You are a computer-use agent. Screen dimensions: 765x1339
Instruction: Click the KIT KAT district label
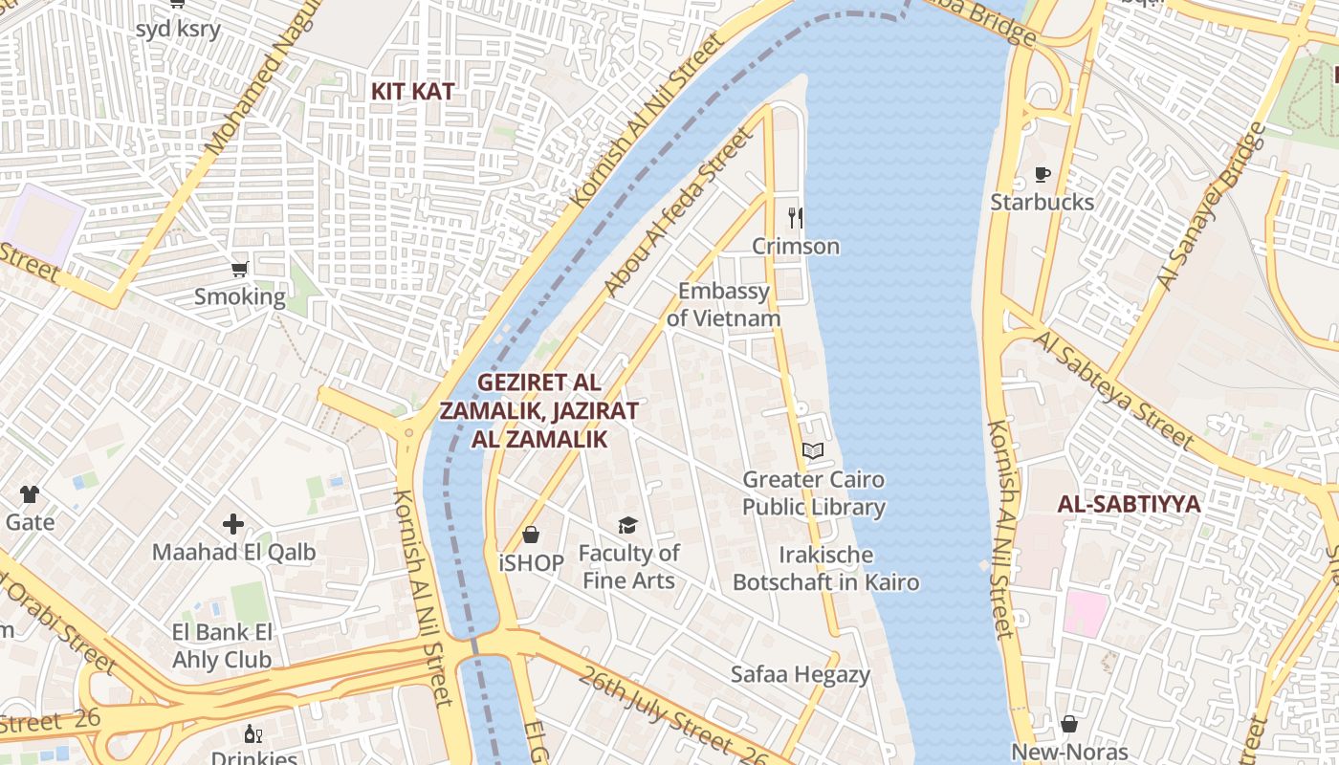412,92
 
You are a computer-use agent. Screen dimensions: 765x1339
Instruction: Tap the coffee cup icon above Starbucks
1042,174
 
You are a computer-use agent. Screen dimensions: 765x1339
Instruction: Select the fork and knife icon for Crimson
795,217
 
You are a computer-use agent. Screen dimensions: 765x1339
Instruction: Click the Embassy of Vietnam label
723,304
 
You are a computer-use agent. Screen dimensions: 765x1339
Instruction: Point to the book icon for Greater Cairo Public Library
813,450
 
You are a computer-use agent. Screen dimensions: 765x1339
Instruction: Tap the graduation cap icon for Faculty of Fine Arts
627,525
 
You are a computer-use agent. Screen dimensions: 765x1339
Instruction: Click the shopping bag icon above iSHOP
531,535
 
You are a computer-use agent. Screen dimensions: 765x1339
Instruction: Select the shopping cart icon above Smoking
239,269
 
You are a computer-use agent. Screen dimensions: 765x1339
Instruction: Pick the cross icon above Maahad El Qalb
233,524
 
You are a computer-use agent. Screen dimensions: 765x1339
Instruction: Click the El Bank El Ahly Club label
223,645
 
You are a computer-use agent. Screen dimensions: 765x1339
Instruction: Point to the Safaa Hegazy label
801,674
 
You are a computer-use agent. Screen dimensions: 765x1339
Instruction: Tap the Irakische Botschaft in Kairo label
825,568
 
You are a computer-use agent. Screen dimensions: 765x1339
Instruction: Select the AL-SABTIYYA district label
1129,504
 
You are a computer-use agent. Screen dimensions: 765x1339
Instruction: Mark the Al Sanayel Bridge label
1211,207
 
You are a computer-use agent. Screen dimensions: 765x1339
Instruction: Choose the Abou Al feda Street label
677,212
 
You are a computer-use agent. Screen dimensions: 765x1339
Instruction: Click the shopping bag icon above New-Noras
1069,724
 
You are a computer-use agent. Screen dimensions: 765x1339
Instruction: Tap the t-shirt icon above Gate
30,494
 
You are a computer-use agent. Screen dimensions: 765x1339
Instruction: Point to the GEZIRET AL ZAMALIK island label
538,410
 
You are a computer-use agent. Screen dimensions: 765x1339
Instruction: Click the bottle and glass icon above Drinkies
253,733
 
